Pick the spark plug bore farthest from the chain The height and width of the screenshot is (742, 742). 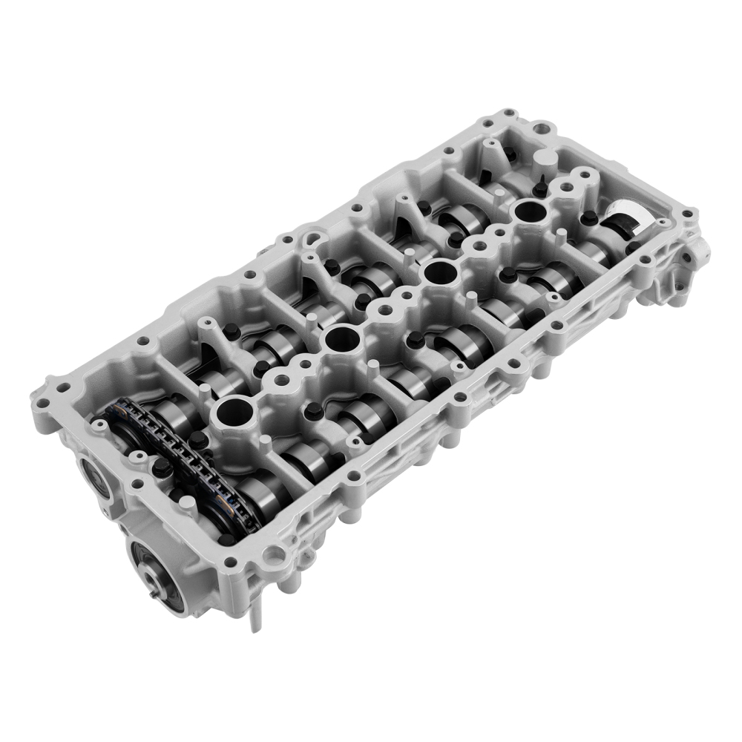(530, 211)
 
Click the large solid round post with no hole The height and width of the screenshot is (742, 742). (545, 159)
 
